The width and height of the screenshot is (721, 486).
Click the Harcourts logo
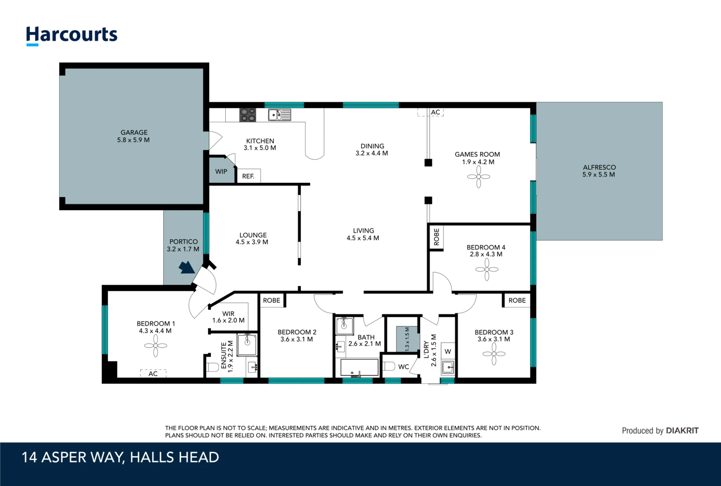pos(72,36)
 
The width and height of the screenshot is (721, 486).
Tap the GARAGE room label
pos(134,132)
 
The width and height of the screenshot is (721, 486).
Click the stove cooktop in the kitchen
pos(248,115)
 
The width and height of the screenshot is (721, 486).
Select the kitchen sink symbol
pos(279,115)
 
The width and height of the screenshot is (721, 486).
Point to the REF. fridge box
pos(248,176)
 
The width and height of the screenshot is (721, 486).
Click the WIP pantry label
pos(221,172)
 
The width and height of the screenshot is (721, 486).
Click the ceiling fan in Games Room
pos(479,177)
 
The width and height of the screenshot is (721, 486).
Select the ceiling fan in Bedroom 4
pos(487,269)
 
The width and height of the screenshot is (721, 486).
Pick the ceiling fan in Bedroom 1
pos(155,345)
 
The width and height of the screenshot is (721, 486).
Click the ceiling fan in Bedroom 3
pos(494,354)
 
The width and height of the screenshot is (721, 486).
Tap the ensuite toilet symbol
pos(213,367)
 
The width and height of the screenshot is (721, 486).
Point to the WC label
pos(403,367)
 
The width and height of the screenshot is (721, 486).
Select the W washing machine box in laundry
pos(448,351)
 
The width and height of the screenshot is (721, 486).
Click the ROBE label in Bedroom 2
pos(271,300)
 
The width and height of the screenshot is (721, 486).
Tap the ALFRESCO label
pos(599,167)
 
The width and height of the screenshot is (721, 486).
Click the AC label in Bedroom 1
pos(153,374)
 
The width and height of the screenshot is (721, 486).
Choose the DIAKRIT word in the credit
pos(682,430)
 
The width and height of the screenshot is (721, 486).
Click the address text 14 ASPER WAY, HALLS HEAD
pos(120,457)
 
